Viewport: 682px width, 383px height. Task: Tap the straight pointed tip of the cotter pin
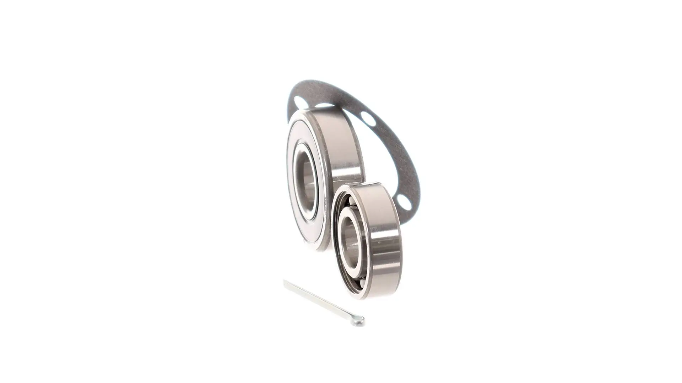click(285, 282)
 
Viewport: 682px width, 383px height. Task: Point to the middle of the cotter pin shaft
click(321, 301)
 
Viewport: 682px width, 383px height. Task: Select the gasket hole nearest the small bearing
click(404, 202)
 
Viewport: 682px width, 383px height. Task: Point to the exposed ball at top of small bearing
click(350, 202)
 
